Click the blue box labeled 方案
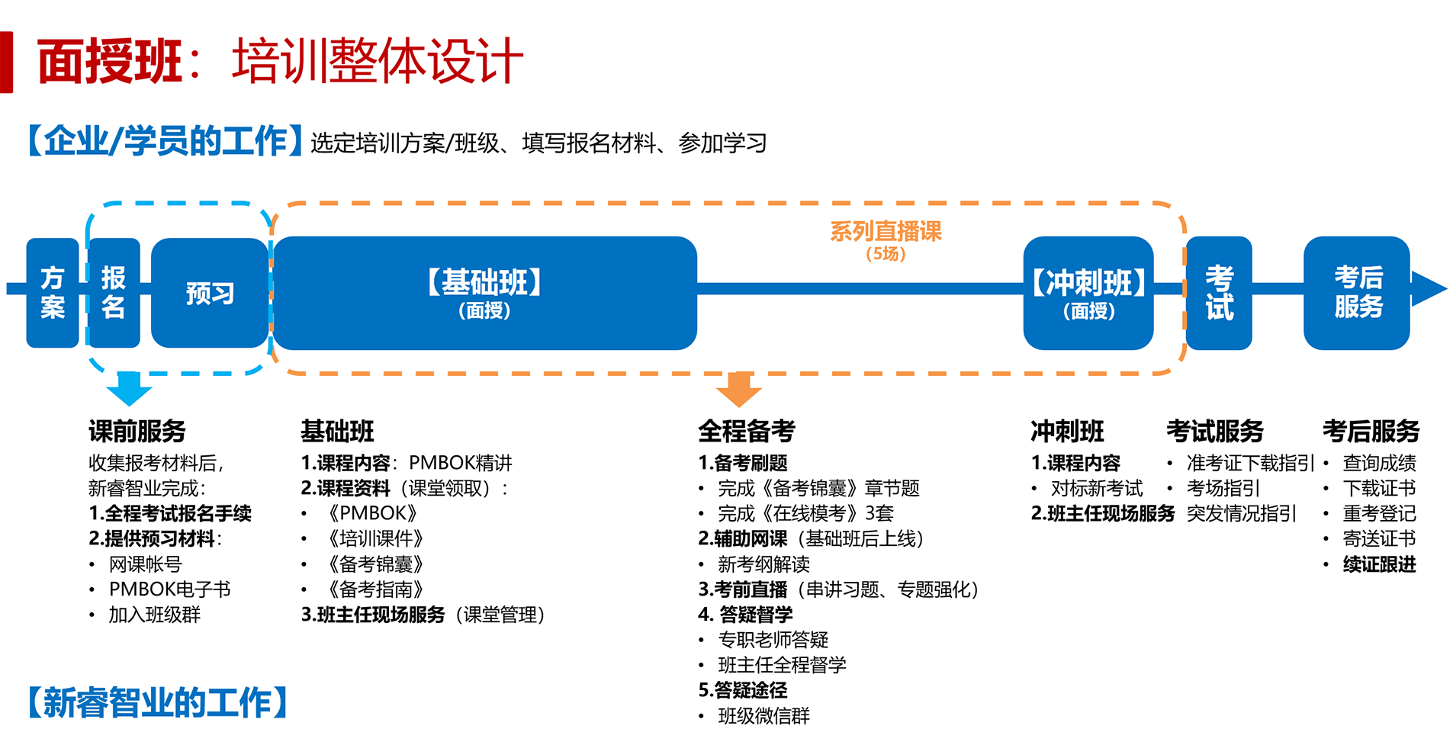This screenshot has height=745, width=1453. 52,293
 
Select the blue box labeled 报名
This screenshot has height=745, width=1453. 114,293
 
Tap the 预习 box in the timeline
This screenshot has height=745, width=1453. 210,293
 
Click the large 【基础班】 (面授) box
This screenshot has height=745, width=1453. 484,293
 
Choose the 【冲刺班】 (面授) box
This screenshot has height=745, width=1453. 1088,293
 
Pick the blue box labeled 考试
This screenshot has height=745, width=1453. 1218,293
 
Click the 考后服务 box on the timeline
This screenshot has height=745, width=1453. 1357,293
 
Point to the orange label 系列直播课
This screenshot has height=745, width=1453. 886,231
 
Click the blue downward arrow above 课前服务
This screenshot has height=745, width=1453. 129,388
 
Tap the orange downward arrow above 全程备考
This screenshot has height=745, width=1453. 738,389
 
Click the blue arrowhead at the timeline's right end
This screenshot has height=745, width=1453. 1428,289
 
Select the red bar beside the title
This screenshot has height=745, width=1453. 7,62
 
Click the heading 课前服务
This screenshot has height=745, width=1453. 137,432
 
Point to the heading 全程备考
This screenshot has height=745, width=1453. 746,432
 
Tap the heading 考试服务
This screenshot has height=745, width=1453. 1214,432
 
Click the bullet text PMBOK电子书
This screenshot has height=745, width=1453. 169,589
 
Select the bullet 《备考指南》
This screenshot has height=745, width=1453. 375,589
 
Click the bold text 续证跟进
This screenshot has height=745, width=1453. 1379,564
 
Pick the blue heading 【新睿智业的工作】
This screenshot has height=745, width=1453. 158,702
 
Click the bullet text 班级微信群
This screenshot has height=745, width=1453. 763,716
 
